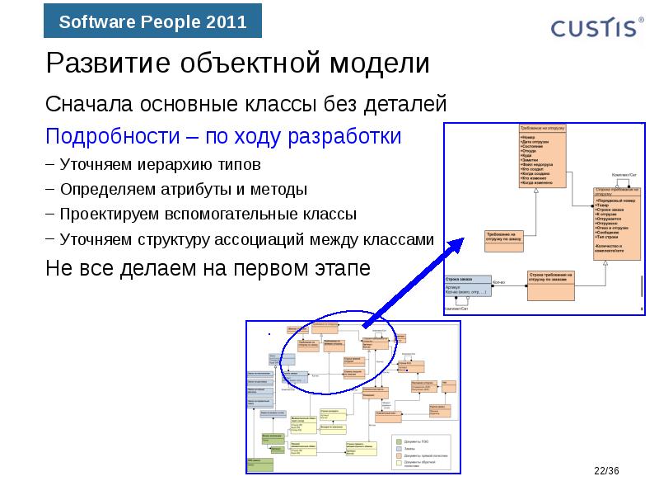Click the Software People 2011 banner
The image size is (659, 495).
[152, 22]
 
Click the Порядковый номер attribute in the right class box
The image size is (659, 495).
[614, 200]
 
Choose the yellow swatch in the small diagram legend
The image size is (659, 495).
[399, 463]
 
